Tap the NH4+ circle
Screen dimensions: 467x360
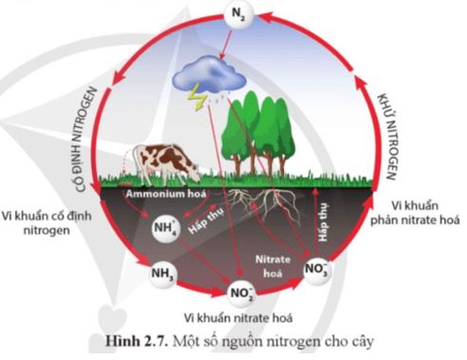coord(166,229)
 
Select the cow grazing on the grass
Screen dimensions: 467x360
coord(165,162)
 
